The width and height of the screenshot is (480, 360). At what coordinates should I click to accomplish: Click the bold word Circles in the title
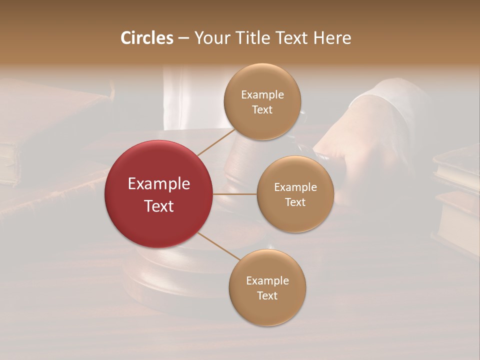click(x=147, y=38)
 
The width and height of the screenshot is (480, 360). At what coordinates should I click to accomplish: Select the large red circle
click(x=158, y=194)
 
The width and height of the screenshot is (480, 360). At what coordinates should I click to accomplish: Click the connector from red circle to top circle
click(x=216, y=142)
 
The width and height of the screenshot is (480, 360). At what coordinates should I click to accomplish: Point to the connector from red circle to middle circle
click(x=235, y=194)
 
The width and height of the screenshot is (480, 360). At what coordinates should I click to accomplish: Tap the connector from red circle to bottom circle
click(x=218, y=246)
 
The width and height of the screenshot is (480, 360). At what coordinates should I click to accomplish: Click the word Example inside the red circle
click(x=158, y=184)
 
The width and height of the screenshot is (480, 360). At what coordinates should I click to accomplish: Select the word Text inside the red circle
click(x=158, y=205)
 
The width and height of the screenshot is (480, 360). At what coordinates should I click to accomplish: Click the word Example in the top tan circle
click(x=262, y=95)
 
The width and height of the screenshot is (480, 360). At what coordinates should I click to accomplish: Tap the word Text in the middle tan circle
click(x=295, y=202)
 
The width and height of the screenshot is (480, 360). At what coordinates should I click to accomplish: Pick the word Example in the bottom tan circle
click(x=267, y=281)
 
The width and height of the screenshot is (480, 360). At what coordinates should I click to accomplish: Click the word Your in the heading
click(x=210, y=38)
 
